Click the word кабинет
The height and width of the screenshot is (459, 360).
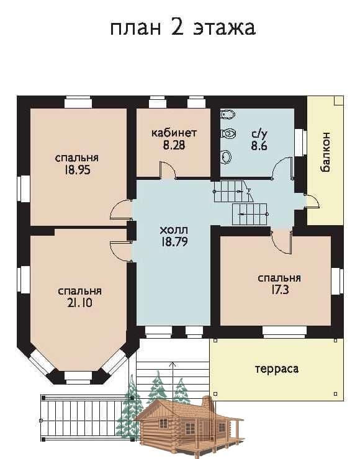tap(174, 133)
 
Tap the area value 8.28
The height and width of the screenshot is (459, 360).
tap(174, 145)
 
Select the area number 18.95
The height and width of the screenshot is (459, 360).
tap(78, 170)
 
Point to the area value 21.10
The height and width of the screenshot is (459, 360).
tap(79, 303)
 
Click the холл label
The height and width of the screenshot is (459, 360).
tap(174, 230)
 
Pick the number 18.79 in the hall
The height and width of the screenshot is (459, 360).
tap(174, 242)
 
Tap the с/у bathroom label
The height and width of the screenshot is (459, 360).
tap(259, 134)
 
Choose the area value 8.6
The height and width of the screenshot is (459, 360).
tap(259, 146)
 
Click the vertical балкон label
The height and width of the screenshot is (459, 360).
tap(325, 152)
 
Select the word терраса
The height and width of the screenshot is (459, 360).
tap(277, 369)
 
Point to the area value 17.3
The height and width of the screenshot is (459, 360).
tap(279, 290)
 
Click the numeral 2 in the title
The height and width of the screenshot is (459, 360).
tap(178, 27)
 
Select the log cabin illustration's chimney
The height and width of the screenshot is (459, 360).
tap(208, 403)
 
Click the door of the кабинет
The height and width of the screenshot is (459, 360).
tap(168, 170)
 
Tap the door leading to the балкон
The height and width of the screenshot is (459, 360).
tap(312, 201)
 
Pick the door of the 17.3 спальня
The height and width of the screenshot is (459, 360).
tap(281, 242)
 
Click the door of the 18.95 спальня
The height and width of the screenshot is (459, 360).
tap(120, 209)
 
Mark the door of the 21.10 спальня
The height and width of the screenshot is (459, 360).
tap(121, 251)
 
